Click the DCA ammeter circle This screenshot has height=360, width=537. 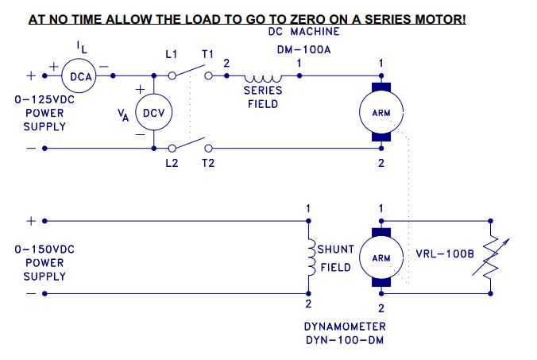pyautogui.click(x=80, y=76)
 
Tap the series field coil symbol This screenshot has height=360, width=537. pyautogui.click(x=263, y=79)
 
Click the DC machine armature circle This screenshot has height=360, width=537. pyautogui.click(x=382, y=112)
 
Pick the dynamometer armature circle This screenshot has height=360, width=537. pyautogui.click(x=382, y=257)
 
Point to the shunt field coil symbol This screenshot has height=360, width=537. pyautogui.click(x=309, y=257)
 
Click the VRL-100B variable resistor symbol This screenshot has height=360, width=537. pyautogui.click(x=493, y=257)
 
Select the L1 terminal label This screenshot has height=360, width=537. pyautogui.click(x=172, y=54)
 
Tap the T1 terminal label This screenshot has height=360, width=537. pyautogui.click(x=207, y=54)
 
